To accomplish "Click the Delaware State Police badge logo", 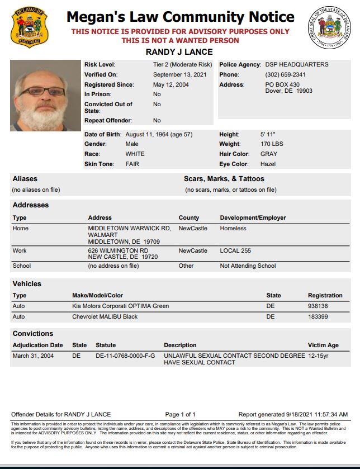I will point(29,27).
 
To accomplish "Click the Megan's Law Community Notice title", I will point(180,17).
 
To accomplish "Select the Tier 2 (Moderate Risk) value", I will point(182,65).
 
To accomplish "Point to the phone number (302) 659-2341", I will point(285,75).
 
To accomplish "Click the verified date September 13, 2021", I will point(176,75).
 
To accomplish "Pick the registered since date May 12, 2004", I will point(170,85).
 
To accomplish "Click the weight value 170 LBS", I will point(272,144).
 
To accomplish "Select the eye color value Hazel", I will point(268,164).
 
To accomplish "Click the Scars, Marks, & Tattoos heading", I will point(224,179).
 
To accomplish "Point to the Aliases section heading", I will point(25,179).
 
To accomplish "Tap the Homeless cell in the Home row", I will point(233,228).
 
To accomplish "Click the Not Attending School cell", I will point(248,266).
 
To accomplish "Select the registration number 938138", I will point(318,306).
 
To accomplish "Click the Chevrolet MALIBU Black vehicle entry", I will point(105,317).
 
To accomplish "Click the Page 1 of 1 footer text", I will point(180,414).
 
